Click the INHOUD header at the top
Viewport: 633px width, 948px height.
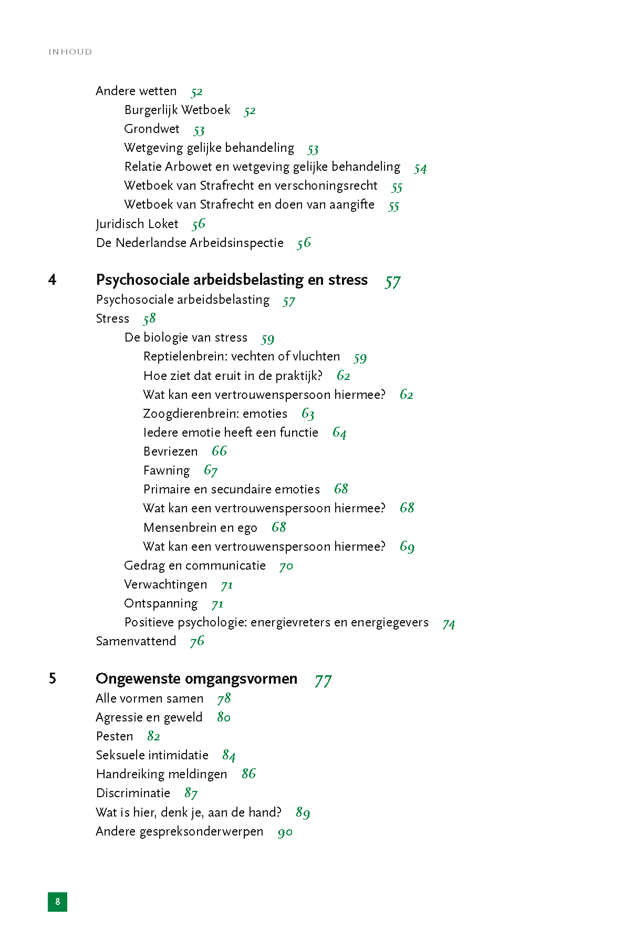pyautogui.click(x=70, y=51)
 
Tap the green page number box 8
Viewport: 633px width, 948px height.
pyautogui.click(x=57, y=902)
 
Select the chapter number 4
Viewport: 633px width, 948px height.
pyautogui.click(x=52, y=280)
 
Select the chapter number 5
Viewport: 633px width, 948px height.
pyautogui.click(x=53, y=678)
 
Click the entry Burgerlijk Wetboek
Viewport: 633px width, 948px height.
pyautogui.click(x=177, y=110)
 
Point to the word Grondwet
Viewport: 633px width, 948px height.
pyautogui.click(x=152, y=129)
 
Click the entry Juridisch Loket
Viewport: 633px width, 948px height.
pyautogui.click(x=137, y=224)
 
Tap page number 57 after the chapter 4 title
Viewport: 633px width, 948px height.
pyautogui.click(x=392, y=282)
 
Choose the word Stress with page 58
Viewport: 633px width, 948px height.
pyautogui.click(x=112, y=318)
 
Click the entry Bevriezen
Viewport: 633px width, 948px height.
pyautogui.click(x=170, y=451)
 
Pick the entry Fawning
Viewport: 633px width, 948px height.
pyautogui.click(x=167, y=470)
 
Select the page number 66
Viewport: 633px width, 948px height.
pyautogui.click(x=219, y=451)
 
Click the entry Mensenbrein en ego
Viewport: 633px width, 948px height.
pyautogui.click(x=200, y=528)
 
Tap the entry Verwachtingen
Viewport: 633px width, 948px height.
pyautogui.click(x=165, y=584)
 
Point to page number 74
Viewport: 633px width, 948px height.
pyautogui.click(x=449, y=624)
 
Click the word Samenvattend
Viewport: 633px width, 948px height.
pyautogui.click(x=136, y=641)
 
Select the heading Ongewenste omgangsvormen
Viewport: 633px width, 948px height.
pyautogui.click(x=196, y=678)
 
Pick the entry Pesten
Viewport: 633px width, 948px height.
pyautogui.click(x=115, y=736)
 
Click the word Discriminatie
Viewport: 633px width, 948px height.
pyautogui.click(x=133, y=793)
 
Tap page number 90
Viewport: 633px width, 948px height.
pyautogui.click(x=285, y=832)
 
